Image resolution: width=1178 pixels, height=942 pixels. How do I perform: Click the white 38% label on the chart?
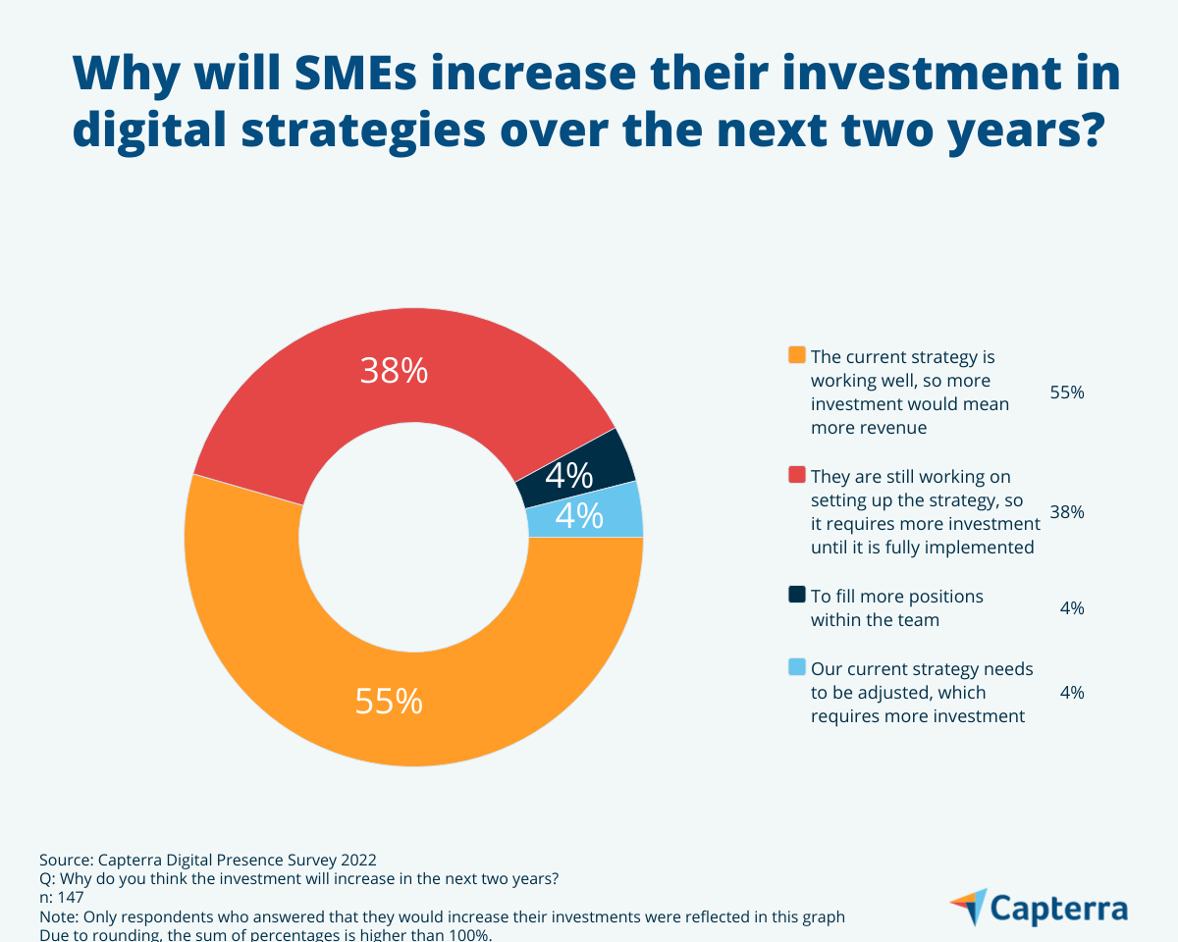[x=394, y=371]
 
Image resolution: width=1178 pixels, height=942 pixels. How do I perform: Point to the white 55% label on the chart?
[x=389, y=702]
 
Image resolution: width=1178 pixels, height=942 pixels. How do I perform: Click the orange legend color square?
[x=797, y=355]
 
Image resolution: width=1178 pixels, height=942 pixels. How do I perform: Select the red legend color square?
[x=797, y=475]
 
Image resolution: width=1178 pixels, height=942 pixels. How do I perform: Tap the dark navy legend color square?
[x=797, y=595]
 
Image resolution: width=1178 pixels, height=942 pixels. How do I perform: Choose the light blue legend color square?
[x=797, y=667]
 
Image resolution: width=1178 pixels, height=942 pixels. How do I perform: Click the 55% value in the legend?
[x=1067, y=392]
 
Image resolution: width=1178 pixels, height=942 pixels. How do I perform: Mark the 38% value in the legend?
[x=1067, y=511]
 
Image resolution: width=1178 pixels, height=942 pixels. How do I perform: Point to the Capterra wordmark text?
[x=1060, y=908]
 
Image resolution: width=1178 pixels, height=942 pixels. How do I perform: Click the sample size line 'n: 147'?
[x=61, y=897]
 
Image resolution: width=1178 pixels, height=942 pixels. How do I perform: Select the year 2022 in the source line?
[x=356, y=859]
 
